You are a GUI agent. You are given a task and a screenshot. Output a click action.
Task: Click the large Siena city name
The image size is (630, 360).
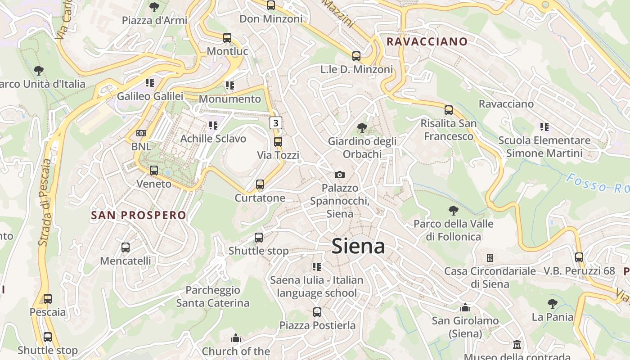tap(358, 247)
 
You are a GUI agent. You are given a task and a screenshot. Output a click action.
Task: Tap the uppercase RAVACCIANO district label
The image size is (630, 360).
tap(427, 42)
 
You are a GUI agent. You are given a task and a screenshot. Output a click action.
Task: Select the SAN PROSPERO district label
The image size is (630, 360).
tap(139, 215)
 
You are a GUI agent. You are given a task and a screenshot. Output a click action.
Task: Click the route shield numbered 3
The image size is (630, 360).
tap(276, 122)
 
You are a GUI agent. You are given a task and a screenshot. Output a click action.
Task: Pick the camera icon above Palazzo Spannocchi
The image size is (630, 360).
tap(340, 175)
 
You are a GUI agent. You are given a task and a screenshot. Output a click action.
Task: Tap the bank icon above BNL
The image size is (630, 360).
tap(141, 133)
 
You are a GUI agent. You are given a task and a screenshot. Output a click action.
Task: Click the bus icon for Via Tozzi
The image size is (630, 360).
tap(278, 142)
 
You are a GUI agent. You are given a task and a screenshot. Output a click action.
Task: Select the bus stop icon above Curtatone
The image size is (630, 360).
tap(260, 184)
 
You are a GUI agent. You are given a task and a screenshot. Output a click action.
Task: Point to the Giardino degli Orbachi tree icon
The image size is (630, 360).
tap(362, 128)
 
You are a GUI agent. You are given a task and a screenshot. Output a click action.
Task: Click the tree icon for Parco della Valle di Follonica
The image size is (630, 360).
tap(454, 210)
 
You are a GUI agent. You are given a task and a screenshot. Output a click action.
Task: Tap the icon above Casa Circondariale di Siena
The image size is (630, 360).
tap(490, 258)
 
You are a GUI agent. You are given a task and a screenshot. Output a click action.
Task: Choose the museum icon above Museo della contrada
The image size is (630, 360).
tap(517, 345)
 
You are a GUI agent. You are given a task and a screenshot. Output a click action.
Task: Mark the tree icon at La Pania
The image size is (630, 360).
tap(553, 304)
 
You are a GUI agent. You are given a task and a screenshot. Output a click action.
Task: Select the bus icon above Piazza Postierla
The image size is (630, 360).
tap(317, 312)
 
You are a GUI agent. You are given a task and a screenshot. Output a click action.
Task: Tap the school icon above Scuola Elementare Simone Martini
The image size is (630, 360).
tap(544, 127)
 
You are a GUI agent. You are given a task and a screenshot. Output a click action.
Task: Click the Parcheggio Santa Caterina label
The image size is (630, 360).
tap(213, 297)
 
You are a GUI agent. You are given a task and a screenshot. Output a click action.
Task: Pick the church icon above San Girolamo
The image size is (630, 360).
tap(465, 307)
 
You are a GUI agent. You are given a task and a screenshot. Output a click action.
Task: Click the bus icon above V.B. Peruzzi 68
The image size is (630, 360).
tap(579, 257)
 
